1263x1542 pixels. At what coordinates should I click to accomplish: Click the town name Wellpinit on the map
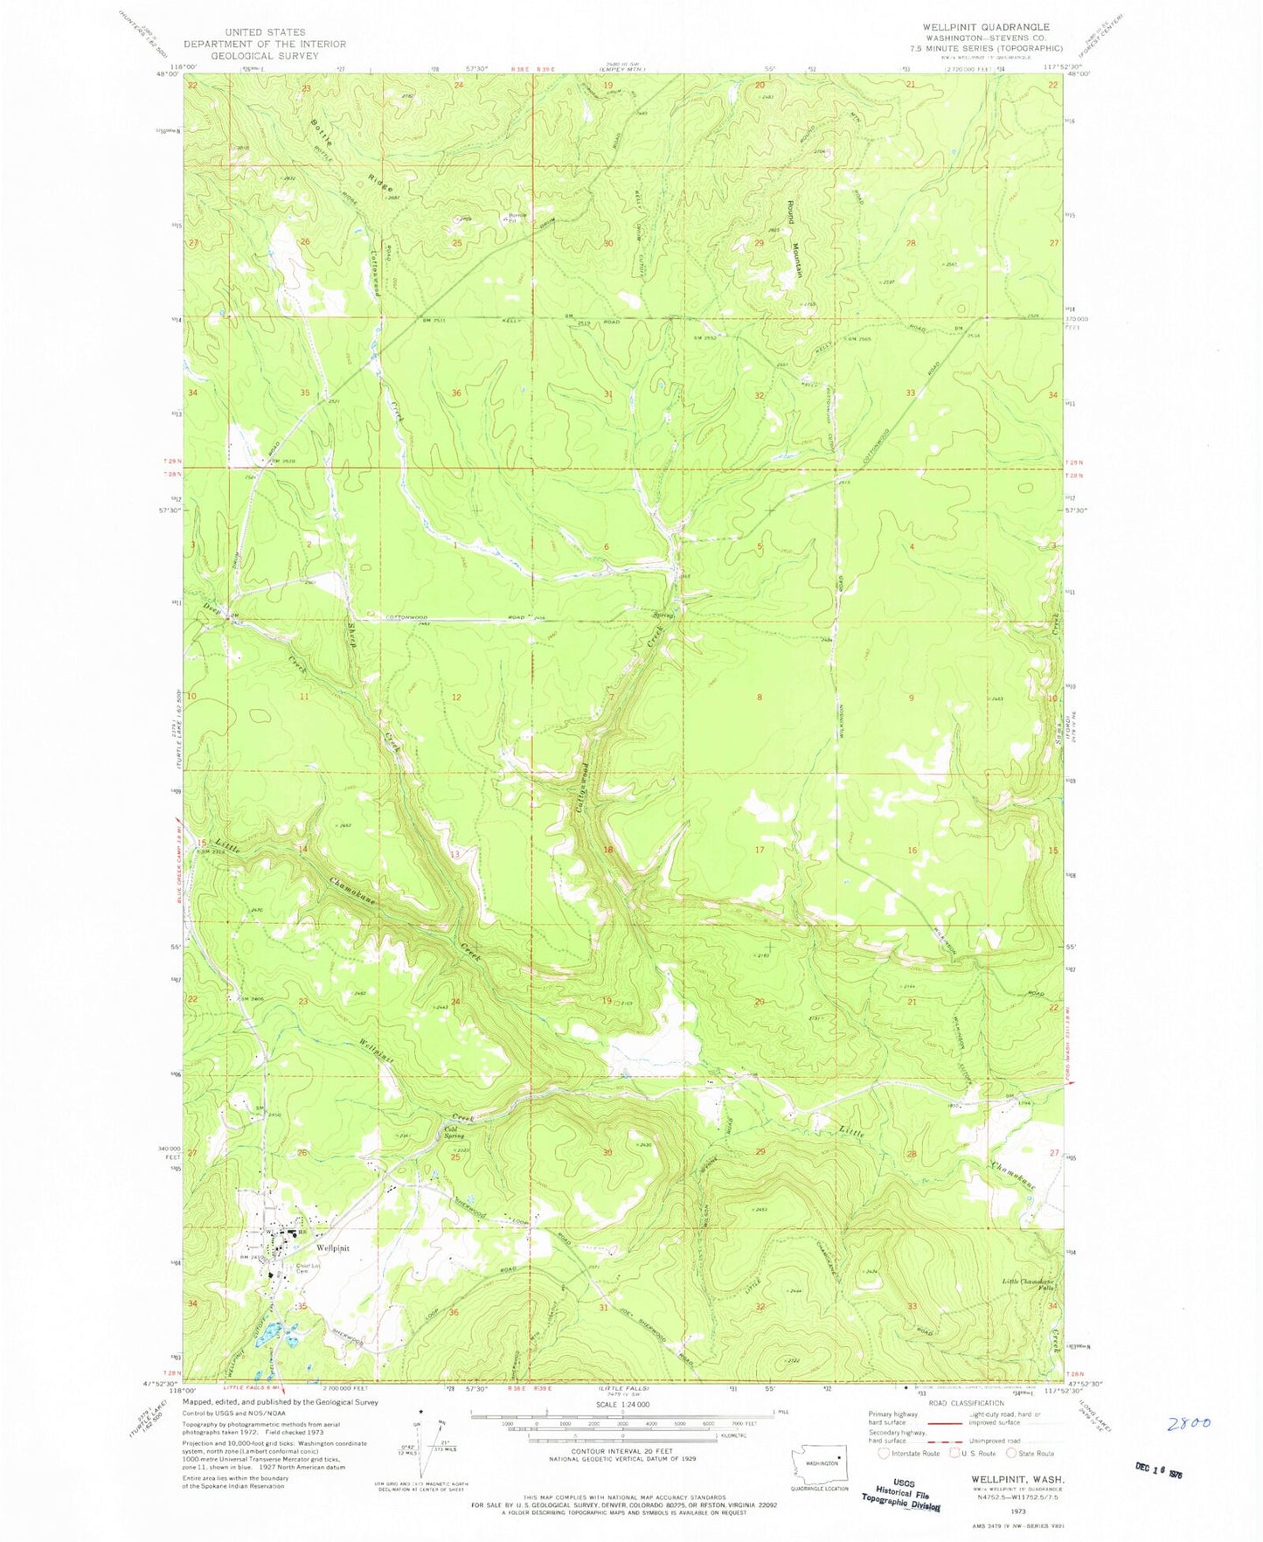(333, 1248)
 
